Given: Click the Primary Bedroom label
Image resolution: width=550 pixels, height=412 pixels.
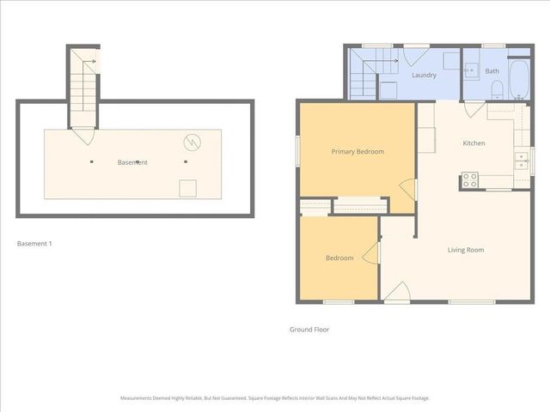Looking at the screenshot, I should (x=357, y=151).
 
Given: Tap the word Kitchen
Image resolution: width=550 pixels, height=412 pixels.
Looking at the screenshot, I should (x=474, y=142).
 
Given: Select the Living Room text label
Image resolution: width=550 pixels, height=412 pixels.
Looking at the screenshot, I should (x=466, y=250).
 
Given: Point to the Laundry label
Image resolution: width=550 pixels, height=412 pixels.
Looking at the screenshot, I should (x=424, y=75).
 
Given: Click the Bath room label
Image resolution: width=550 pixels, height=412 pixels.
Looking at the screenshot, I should (x=492, y=71).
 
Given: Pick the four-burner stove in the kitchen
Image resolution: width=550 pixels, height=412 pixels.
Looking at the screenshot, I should (x=469, y=180).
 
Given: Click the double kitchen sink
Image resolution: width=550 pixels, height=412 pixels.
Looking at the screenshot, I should (x=521, y=159).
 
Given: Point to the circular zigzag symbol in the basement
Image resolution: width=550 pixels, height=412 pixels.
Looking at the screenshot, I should (x=192, y=142).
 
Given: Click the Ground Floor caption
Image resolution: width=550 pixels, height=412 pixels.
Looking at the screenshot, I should (x=309, y=329).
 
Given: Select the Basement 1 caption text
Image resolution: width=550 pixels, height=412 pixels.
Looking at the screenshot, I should (x=35, y=244).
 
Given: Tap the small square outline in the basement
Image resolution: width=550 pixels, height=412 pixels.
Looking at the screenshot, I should (x=186, y=189).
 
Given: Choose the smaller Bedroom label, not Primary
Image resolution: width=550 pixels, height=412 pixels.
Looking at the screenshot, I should (x=339, y=257).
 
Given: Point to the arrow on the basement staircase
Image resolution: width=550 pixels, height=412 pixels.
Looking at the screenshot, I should (x=89, y=60).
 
